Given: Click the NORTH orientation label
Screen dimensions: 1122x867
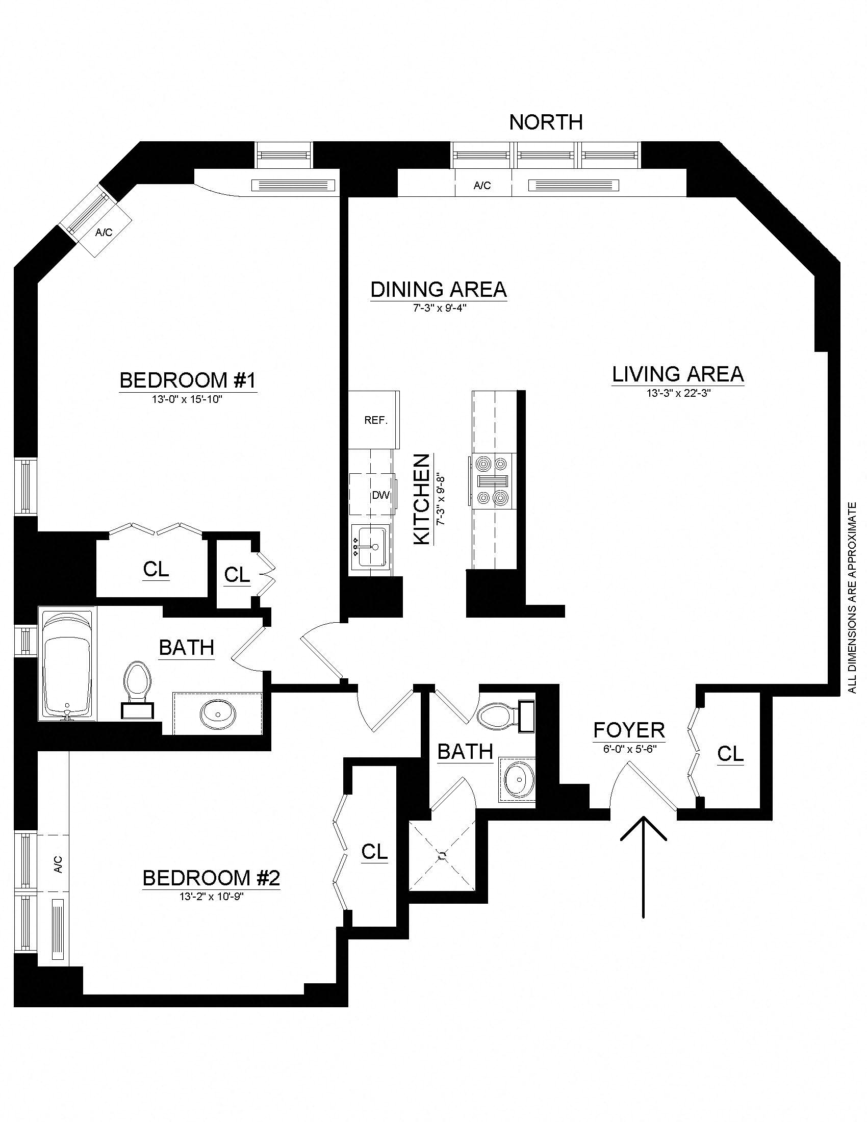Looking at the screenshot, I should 546,122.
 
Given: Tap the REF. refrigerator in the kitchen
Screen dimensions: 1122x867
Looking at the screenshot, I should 375,420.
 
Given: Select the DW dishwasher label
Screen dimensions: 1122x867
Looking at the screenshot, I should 381,495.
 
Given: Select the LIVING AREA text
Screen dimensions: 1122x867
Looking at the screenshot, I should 677,374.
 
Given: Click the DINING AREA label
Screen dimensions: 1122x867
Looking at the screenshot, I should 438,290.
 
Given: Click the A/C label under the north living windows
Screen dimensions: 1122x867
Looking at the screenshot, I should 482,186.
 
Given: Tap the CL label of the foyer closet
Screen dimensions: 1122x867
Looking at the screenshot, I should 730,754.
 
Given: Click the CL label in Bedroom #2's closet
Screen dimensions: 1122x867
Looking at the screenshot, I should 374,852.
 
